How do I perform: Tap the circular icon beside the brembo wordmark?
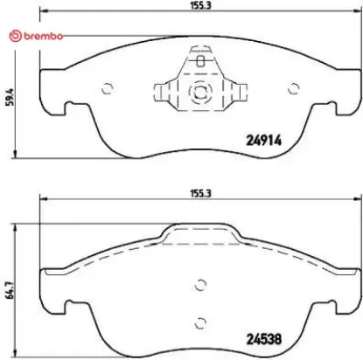(x=11, y=35)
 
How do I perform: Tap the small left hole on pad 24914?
(x=108, y=87)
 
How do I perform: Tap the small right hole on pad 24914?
(x=291, y=87)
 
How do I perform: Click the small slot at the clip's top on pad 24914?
(x=200, y=61)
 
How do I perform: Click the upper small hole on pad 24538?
(x=200, y=283)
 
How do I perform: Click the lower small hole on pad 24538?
(x=200, y=320)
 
